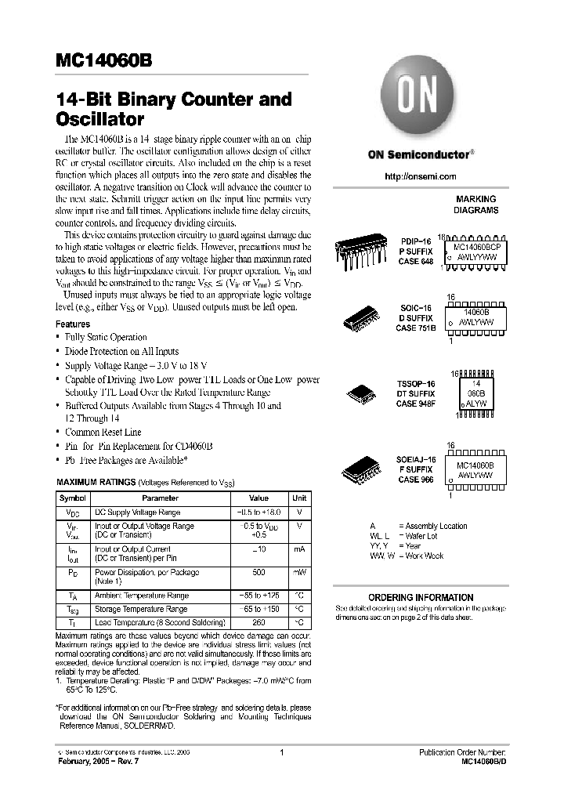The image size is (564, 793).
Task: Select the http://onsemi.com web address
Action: (421, 177)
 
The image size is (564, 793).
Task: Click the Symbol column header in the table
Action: (74, 498)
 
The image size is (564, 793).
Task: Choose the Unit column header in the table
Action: (299, 498)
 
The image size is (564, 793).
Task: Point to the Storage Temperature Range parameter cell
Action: (141, 609)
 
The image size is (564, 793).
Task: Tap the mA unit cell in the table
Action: (299, 550)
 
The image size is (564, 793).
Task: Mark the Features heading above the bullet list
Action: (73, 324)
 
